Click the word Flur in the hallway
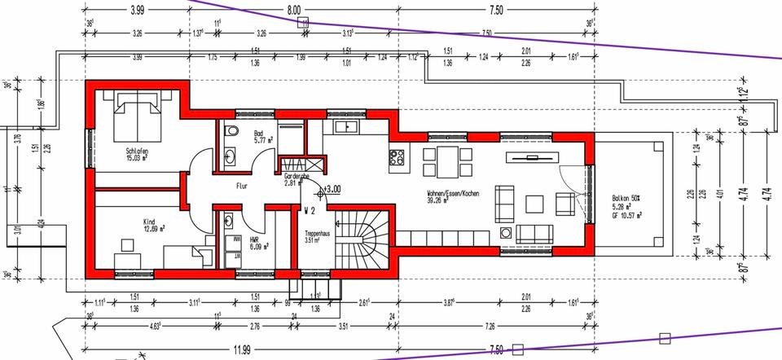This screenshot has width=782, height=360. click(x=241, y=186)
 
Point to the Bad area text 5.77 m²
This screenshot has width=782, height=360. click(x=262, y=140)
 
